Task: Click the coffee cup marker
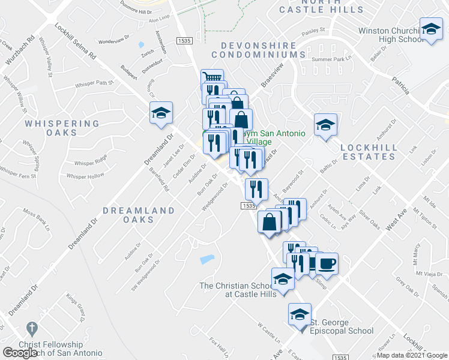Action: click(x=327, y=263)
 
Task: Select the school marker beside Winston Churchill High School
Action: click(x=431, y=29)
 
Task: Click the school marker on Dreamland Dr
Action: click(x=161, y=113)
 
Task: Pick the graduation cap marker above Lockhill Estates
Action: click(x=326, y=125)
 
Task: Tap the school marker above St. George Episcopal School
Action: click(x=300, y=314)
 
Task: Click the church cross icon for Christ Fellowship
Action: click(x=32, y=329)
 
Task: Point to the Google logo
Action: click(x=20, y=353)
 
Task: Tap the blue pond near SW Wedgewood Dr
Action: click(x=206, y=260)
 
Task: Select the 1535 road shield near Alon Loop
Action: click(x=184, y=40)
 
